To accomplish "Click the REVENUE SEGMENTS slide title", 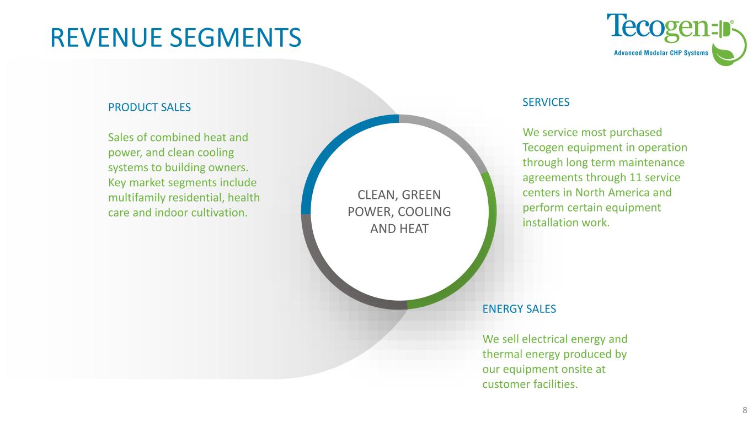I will (175, 36).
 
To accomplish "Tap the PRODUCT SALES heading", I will (149, 107).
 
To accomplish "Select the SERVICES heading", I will (546, 102).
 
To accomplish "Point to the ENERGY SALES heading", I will (519, 309).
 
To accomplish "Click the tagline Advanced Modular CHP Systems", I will (661, 53).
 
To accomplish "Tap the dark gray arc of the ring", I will (331, 275).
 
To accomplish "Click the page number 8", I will (745, 409).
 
